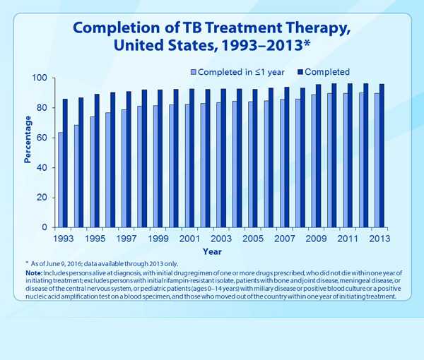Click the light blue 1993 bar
pos(61,180)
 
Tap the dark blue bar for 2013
pos(382,156)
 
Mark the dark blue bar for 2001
pos(192,158)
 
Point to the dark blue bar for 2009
pos(319,156)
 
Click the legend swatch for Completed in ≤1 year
pos(194,72)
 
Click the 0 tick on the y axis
pos(46,228)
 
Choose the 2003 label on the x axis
pos(220,239)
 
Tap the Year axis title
pos(212,251)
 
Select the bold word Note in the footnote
pos(33,272)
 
